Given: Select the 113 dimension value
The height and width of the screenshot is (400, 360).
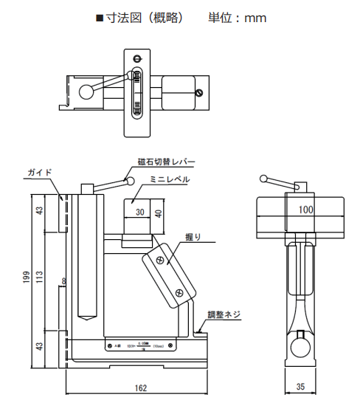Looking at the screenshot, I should tap(40, 277).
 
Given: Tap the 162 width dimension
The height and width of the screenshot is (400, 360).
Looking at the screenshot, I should tap(140, 387).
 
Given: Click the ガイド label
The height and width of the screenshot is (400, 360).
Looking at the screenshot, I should tap(40, 172).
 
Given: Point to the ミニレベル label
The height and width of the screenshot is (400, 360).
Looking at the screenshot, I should tap(170, 179).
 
